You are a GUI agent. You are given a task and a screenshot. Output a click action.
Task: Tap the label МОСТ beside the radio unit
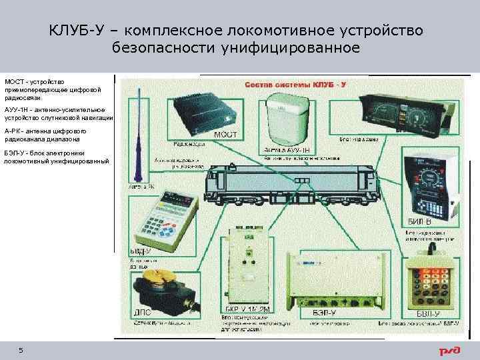click(x=225, y=135)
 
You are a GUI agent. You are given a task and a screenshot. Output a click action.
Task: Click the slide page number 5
click(x=21, y=351)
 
